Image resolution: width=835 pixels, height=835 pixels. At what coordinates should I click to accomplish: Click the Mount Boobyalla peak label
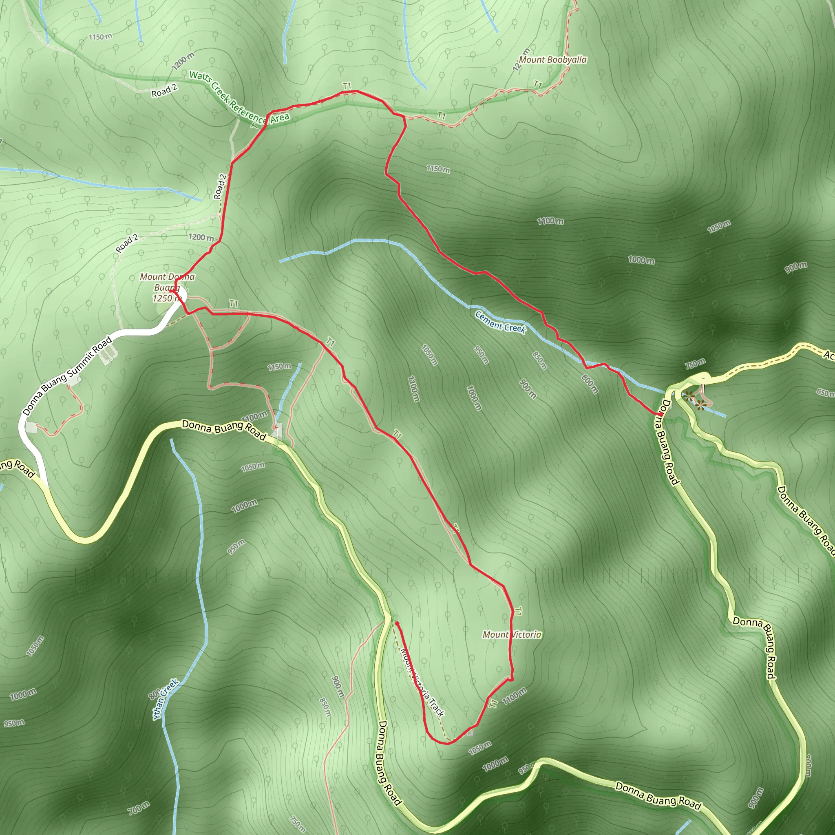(x=553, y=60)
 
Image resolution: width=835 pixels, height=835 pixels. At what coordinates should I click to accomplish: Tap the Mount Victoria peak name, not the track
(x=512, y=634)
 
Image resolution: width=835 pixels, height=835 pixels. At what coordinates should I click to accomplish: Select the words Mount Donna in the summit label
(x=167, y=276)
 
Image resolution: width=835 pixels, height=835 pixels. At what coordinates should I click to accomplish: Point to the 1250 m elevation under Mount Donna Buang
(x=166, y=298)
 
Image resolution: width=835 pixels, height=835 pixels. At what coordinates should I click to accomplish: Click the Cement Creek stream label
(x=501, y=322)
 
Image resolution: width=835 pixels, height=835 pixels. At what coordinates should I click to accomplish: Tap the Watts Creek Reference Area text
(x=239, y=97)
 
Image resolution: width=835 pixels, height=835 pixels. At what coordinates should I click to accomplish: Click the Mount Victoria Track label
(x=422, y=683)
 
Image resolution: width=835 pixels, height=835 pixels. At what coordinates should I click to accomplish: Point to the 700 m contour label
(x=139, y=807)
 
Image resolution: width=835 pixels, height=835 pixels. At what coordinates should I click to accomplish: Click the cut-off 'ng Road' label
(x=17, y=468)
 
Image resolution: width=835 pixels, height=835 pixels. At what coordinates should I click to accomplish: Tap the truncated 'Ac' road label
(x=829, y=355)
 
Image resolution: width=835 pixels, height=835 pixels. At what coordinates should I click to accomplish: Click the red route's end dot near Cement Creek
(x=660, y=414)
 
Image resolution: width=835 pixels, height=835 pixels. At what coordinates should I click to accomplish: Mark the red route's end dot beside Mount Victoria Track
(x=396, y=624)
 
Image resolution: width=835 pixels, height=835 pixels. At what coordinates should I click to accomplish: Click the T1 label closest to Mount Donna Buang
(x=234, y=304)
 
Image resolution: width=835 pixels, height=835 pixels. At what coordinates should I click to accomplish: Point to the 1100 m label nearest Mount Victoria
(x=514, y=696)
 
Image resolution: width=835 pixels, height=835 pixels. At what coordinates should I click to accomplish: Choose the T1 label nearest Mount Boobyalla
(x=538, y=84)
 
